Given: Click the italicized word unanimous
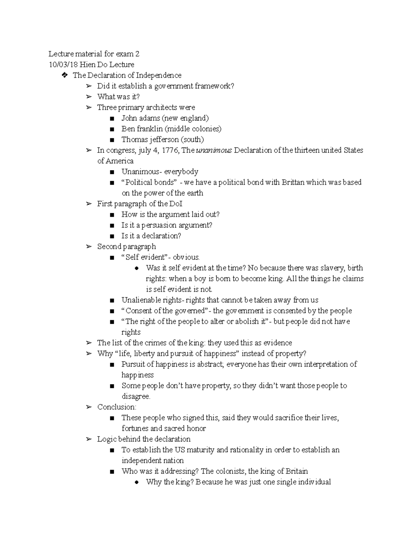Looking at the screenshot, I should [x=214, y=150].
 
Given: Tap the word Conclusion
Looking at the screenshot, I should [x=116, y=407].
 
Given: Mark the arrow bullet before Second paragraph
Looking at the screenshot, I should [x=89, y=247].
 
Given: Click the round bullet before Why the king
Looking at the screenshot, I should [x=137, y=482].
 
